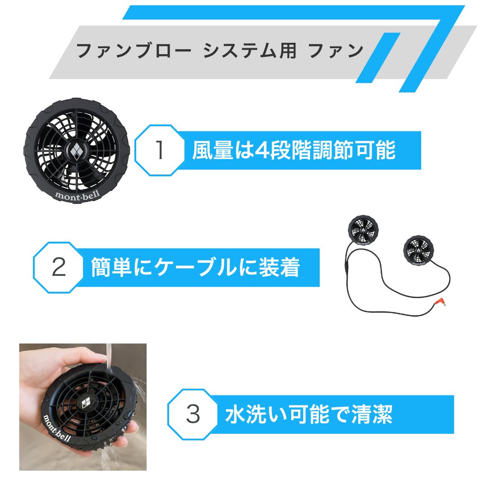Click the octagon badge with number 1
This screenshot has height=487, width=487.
tap(160, 151)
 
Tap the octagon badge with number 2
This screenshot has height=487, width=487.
tap(59, 267)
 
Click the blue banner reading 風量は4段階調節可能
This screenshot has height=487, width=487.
tap(294, 151)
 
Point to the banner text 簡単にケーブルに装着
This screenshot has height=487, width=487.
tap(195, 267)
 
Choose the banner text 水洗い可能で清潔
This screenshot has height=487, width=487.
tap(308, 414)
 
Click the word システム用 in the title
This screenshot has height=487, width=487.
tap(249, 51)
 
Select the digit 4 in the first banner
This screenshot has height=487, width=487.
tap(261, 151)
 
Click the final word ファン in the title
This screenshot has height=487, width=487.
tap(336, 51)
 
